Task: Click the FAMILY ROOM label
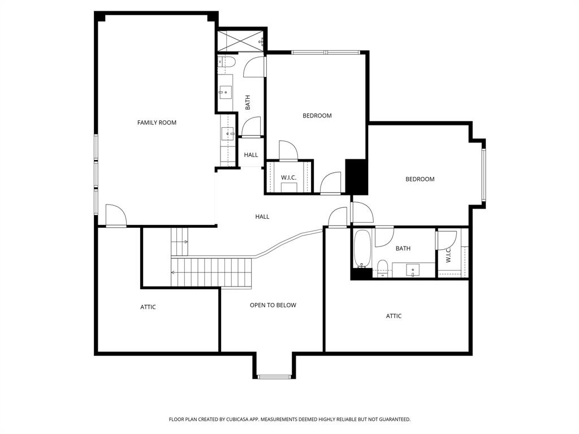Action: coord(157,123)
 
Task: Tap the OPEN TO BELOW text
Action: coord(273,305)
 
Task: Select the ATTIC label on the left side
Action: coord(148,307)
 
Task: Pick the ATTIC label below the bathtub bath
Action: coord(394,316)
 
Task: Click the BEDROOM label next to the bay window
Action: coord(420,179)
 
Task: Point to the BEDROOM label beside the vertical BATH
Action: coord(317,116)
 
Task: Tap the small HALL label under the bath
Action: coord(251,155)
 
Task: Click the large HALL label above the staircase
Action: coord(262,216)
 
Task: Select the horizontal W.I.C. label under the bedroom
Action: coord(288,177)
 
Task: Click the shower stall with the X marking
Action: coord(241,41)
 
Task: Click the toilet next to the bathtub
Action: coord(382,268)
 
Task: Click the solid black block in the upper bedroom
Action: coord(357,176)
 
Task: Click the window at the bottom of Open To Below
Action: coord(274,376)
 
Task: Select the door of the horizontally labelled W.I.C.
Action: coord(288,151)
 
